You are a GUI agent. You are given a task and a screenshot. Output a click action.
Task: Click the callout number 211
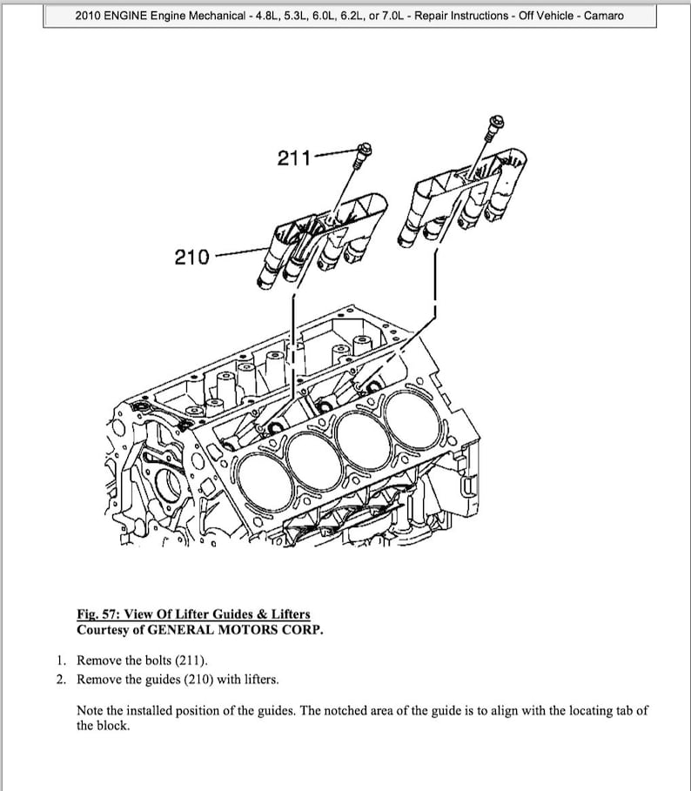(294, 158)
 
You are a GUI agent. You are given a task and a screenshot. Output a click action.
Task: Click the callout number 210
(191, 257)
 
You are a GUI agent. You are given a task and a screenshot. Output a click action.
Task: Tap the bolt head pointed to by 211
(365, 149)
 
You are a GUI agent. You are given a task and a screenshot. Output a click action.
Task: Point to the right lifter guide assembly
(470, 196)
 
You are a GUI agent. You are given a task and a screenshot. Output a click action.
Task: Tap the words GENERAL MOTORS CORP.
(235, 629)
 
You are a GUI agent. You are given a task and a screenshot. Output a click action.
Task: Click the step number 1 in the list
(61, 660)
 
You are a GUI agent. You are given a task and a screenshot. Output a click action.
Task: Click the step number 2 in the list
(61, 679)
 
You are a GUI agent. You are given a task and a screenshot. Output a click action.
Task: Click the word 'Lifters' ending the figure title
(287, 614)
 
